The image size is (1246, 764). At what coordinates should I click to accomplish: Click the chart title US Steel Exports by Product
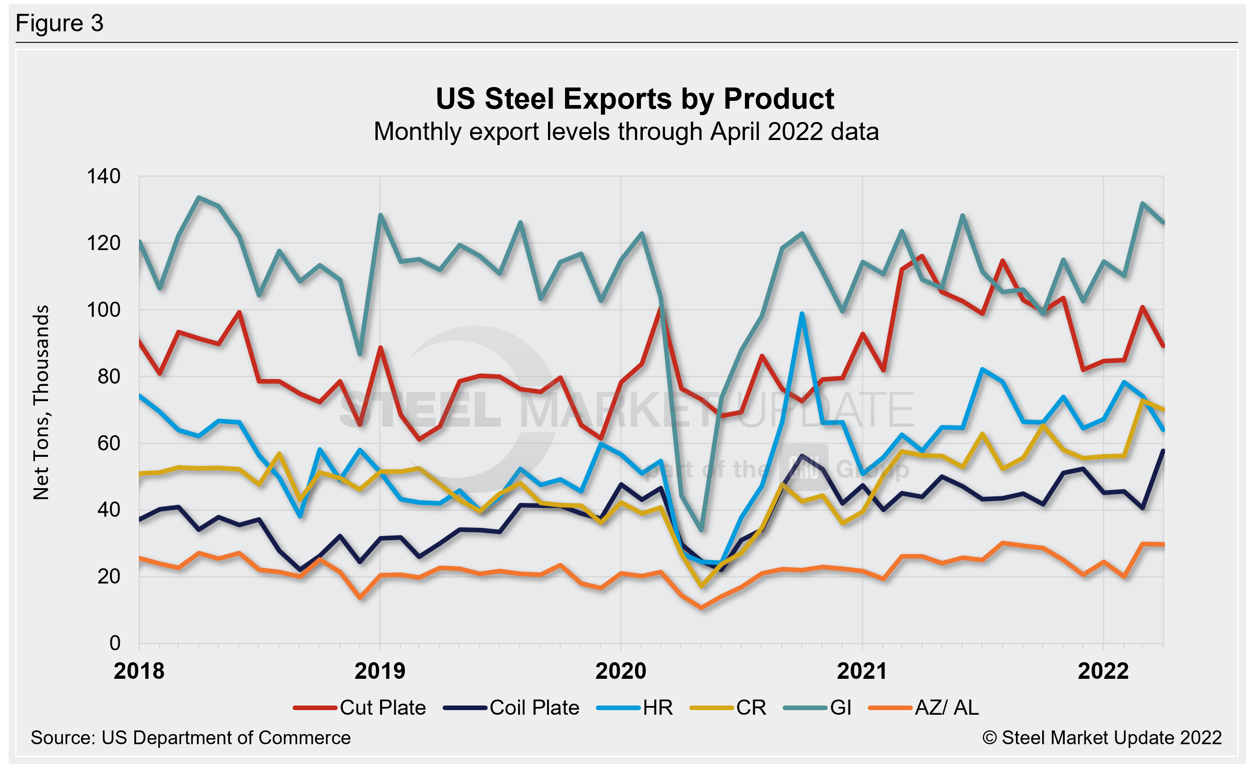[635, 99]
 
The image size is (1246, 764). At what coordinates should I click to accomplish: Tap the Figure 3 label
[60, 23]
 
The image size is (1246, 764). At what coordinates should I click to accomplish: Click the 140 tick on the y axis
[104, 176]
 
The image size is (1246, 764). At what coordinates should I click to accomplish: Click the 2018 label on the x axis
[139, 671]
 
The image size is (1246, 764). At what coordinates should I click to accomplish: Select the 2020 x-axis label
[621, 671]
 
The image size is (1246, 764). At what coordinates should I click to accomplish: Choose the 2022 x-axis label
[1103, 671]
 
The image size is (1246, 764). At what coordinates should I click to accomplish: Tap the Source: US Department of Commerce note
[190, 738]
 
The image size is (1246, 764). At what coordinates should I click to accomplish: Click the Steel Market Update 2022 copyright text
[1102, 738]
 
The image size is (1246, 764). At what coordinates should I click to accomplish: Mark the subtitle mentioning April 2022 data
[626, 132]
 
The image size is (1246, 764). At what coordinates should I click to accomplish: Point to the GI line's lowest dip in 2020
[701, 530]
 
